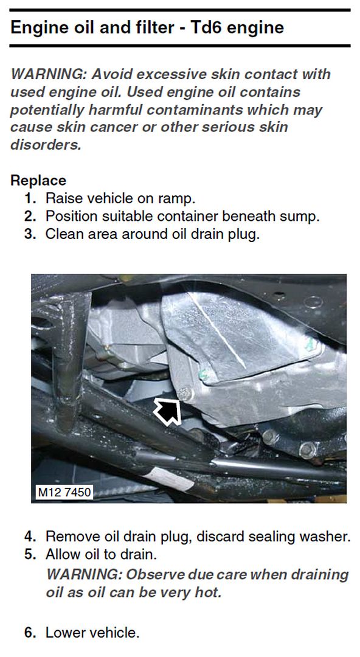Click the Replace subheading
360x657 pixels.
(x=38, y=181)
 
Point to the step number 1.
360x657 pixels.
(x=30, y=198)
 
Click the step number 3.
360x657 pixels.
(x=30, y=234)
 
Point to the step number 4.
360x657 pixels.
(x=30, y=537)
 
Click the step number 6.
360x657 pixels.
(x=30, y=633)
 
